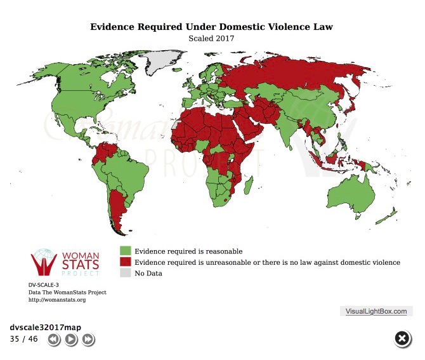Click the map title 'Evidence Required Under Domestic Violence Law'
pos(211,27)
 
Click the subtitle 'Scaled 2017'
pos(211,37)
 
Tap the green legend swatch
pos(125,251)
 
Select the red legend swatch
pos(125,262)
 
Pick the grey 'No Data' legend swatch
pos(125,273)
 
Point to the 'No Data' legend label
pos(148,273)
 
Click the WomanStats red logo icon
pos(44,262)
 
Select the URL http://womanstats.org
pos(57,299)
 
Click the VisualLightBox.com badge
pos(376,311)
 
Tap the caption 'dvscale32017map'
pos(45,327)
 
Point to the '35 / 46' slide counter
pos(24,338)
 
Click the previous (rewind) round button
pos(54,340)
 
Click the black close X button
pos(402,339)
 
